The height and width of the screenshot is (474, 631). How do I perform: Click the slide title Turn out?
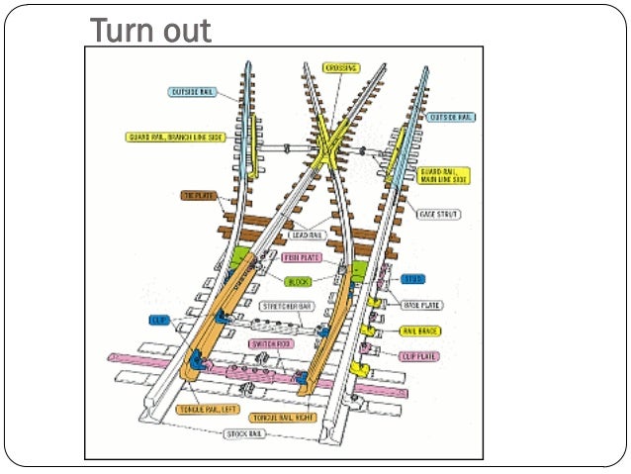[x=150, y=31]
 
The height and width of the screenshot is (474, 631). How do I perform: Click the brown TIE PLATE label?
[x=198, y=196]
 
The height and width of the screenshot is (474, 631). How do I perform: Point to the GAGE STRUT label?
[x=441, y=214]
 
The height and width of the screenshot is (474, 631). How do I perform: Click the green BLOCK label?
[x=298, y=281]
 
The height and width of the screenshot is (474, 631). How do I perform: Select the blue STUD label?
[x=413, y=280]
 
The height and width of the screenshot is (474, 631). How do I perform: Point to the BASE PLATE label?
[x=422, y=305]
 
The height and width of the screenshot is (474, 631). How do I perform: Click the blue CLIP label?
[x=159, y=320]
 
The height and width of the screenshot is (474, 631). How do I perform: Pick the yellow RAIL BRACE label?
[x=420, y=331]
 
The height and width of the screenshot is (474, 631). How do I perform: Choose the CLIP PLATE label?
[x=419, y=355]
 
